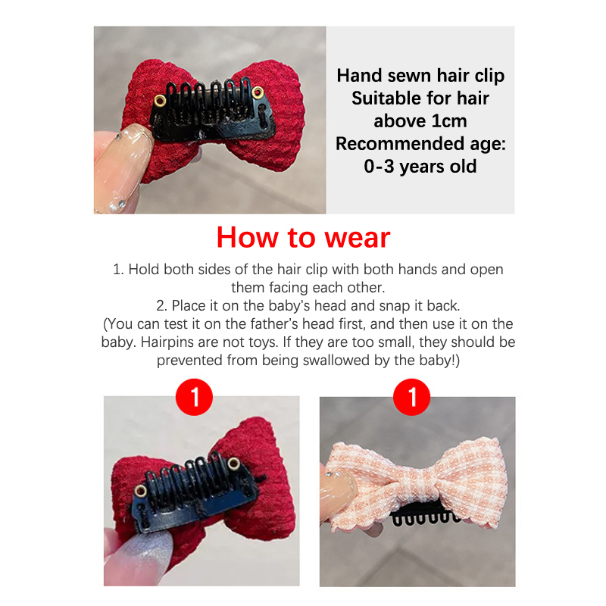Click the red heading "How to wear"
tap(303, 237)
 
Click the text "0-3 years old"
tap(420, 167)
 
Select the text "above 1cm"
tap(420, 121)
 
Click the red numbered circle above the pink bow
tap(411, 397)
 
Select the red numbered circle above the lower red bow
tap(194, 397)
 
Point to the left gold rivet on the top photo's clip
tap(160, 101)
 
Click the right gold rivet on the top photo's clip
tap(258, 92)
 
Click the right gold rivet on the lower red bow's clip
tap(233, 464)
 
